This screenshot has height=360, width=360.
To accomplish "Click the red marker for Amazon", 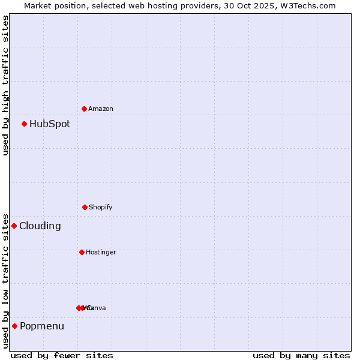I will point(84,109).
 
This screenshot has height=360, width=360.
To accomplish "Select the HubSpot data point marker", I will point(24,124).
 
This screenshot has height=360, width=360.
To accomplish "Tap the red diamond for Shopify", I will point(85,207).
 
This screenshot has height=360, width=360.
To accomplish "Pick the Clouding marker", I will point(14,226).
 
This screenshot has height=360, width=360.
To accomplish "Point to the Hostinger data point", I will point(82,252).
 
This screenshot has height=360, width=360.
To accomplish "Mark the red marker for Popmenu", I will point(14,326).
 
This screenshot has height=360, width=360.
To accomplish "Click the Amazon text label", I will point(101,109).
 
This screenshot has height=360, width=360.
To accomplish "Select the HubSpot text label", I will point(50,124).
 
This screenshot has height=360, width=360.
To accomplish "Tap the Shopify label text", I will point(101,207).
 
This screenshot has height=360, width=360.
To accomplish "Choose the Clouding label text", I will point(40,226).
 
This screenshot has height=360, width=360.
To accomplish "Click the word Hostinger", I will point(101,252).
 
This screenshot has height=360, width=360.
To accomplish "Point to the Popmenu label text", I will point(42,326).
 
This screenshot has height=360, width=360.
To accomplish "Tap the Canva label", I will point(97,308).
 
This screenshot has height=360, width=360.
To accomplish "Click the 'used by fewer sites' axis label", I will point(62,355).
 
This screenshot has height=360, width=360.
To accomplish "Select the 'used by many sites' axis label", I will point(301,355).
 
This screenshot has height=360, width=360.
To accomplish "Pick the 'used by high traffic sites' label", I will point(5,85).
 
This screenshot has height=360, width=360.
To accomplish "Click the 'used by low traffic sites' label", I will point(5,280).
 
